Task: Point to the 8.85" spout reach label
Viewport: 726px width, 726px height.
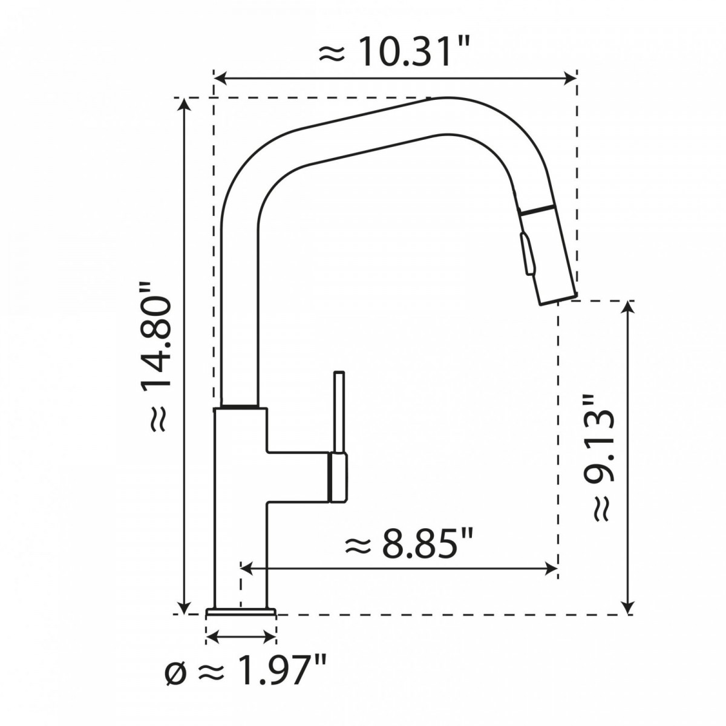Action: [408, 545]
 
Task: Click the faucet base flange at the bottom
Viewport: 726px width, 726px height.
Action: [241, 613]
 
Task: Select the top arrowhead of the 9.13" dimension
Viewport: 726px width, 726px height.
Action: [629, 307]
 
